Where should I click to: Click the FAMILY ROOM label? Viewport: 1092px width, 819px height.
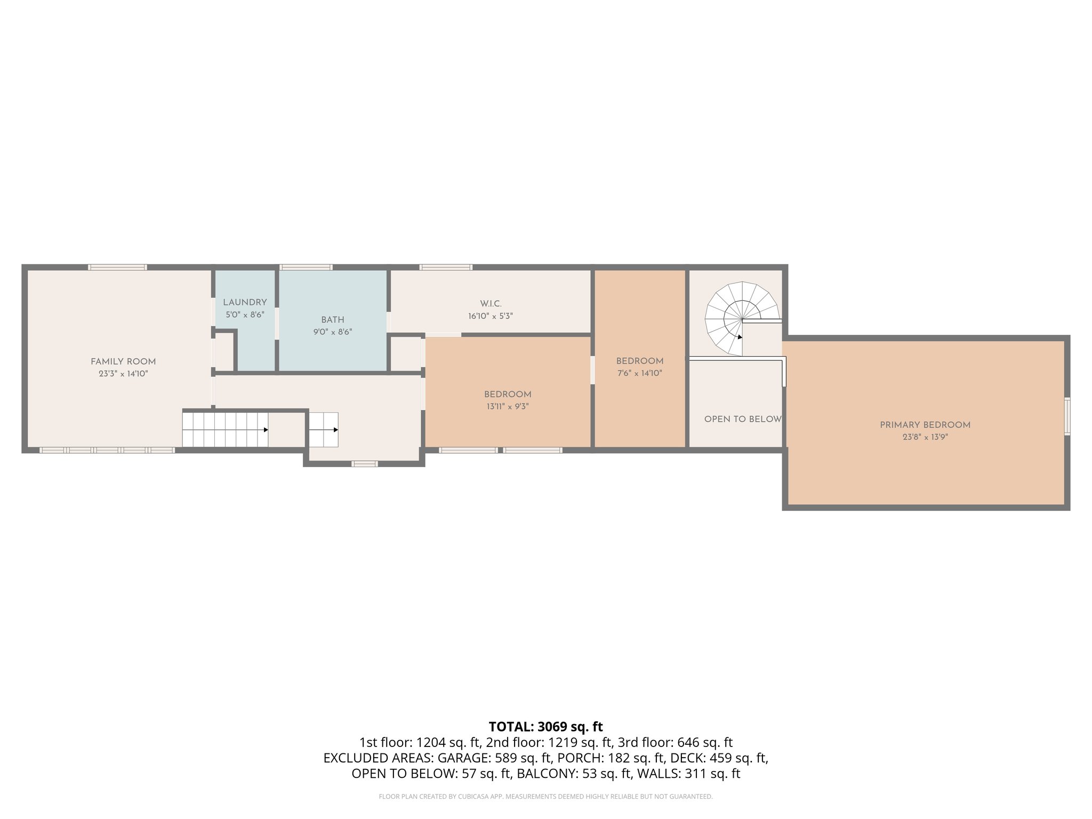pyautogui.click(x=123, y=362)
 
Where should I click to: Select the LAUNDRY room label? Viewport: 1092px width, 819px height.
pyautogui.click(x=245, y=302)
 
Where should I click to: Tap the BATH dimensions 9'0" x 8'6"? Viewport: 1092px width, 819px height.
pyautogui.click(x=333, y=332)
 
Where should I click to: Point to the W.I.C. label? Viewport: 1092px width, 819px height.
pyautogui.click(x=491, y=304)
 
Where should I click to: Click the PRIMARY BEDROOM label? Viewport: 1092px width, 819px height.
pyautogui.click(x=925, y=425)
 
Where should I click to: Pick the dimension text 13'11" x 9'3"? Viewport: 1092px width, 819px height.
pyautogui.click(x=507, y=406)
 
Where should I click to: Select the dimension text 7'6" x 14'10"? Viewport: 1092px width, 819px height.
pyautogui.click(x=639, y=373)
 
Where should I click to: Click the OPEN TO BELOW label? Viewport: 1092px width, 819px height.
pyautogui.click(x=742, y=419)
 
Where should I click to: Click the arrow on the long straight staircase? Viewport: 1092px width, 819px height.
pyautogui.click(x=265, y=430)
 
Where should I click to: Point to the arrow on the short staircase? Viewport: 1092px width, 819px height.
pyautogui.click(x=335, y=430)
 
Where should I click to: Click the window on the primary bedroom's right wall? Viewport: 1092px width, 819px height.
pyautogui.click(x=1067, y=416)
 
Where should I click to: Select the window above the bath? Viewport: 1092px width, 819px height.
pyautogui.click(x=306, y=267)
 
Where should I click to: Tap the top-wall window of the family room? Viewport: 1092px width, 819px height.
pyautogui.click(x=117, y=267)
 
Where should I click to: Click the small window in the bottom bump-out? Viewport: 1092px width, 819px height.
pyautogui.click(x=365, y=464)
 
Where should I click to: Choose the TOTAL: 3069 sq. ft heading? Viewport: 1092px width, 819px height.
pyautogui.click(x=545, y=727)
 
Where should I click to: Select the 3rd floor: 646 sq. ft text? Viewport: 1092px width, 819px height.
pyautogui.click(x=675, y=742)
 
